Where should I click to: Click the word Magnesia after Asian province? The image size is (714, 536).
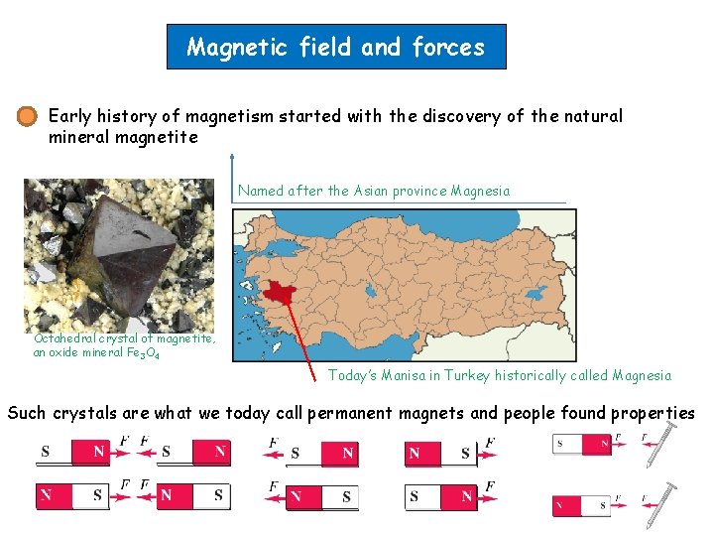(480, 191)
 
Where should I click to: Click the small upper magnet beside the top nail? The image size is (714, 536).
(581, 444)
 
